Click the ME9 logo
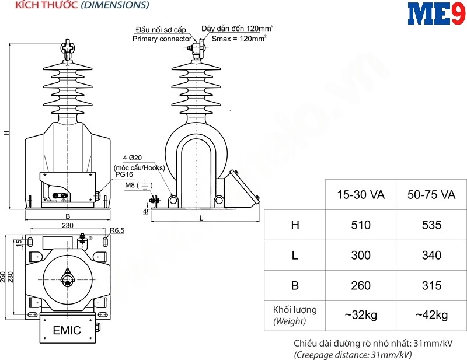437,13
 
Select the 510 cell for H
361,225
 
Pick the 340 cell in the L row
431,256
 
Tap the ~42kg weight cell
431,315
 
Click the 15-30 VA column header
361,195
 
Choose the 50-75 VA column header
431,195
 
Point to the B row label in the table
295,285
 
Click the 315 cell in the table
431,285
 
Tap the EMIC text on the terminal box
67,330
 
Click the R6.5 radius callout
117,230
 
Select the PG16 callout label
124,174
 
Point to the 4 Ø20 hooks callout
133,158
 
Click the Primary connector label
162,39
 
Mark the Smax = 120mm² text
239,39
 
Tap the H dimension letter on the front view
6,133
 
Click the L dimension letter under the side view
201,218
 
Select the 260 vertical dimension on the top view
3,277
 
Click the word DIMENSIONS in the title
115,5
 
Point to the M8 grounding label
130,185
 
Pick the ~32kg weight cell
361,315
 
